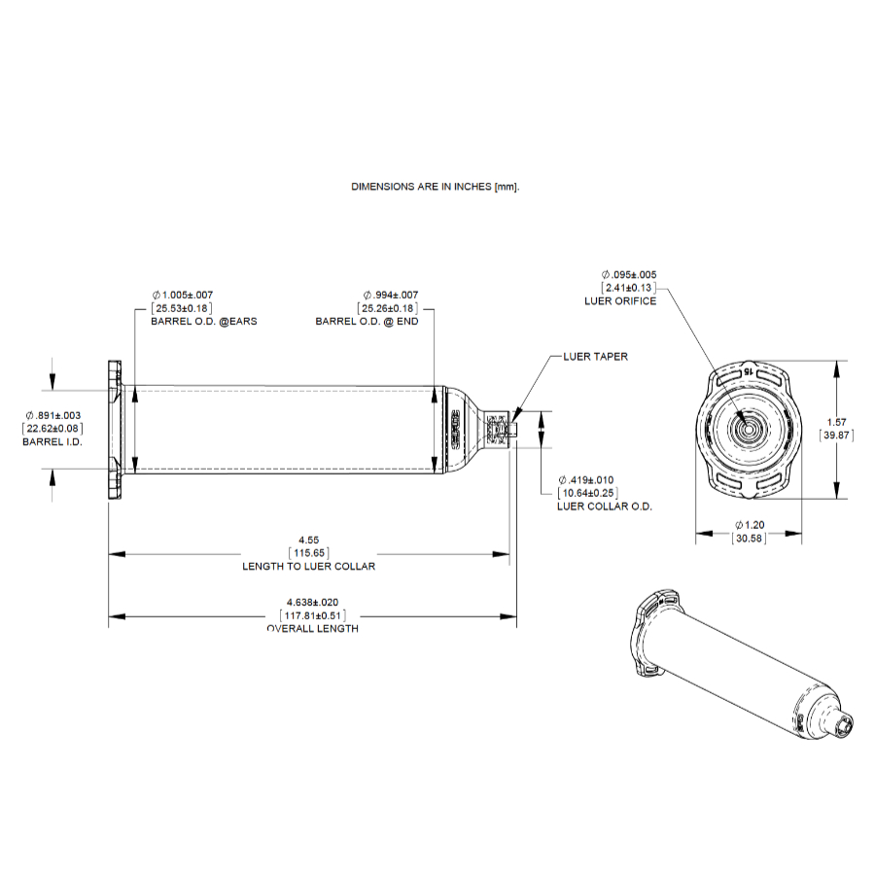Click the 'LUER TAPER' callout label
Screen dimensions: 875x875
click(595, 357)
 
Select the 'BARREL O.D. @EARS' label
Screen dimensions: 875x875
click(203, 321)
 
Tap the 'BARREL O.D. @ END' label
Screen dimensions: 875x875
click(367, 321)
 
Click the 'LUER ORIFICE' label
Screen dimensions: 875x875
click(620, 301)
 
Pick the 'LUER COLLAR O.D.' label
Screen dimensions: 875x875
click(605, 507)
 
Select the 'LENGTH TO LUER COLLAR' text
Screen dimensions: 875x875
click(308, 566)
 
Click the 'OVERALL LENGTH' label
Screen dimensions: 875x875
click(312, 629)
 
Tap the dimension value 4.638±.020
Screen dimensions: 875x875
click(312, 603)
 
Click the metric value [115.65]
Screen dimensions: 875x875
click(308, 552)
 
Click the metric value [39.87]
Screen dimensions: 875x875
click(836, 436)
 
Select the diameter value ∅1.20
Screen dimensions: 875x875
click(748, 525)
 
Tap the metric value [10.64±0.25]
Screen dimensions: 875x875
click(587, 493)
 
